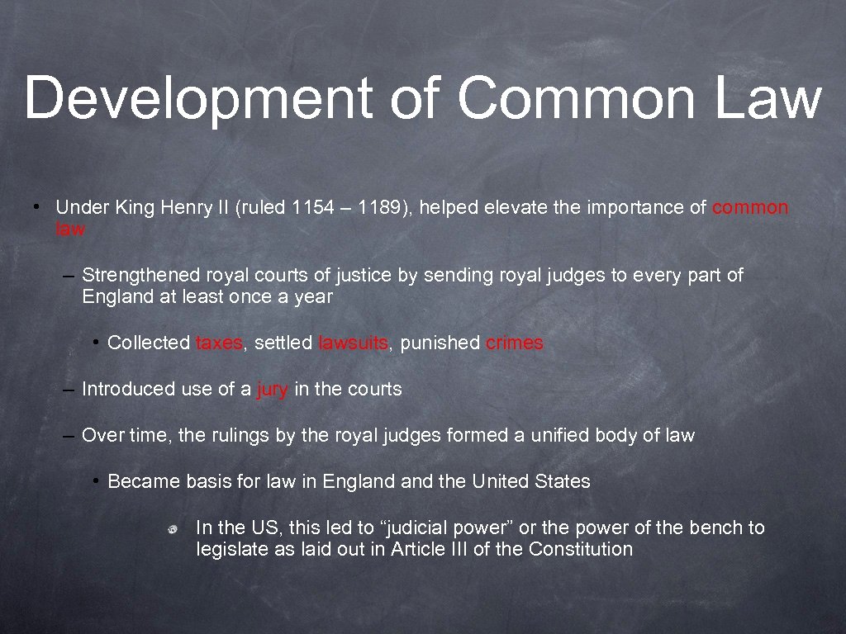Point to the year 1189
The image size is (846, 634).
click(x=375, y=208)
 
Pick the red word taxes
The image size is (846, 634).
click(x=219, y=343)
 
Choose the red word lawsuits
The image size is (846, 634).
click(x=353, y=343)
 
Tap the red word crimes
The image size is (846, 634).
click(x=515, y=343)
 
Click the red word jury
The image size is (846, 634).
click(x=273, y=390)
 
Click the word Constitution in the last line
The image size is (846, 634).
click(x=581, y=550)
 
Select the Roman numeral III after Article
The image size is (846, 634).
click(x=458, y=550)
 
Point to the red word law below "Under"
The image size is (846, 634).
click(x=69, y=229)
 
